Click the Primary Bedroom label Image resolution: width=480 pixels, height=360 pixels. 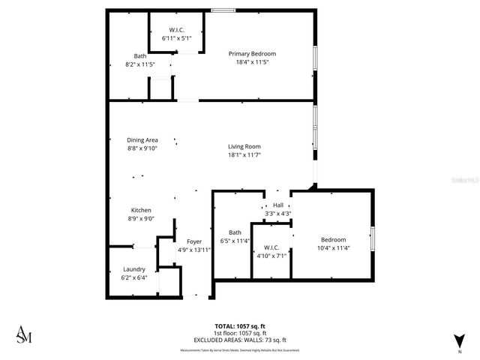pyautogui.click(x=252, y=54)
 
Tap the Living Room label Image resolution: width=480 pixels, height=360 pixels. pyautogui.click(x=244, y=146)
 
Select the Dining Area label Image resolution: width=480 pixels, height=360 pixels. pyautogui.click(x=142, y=140)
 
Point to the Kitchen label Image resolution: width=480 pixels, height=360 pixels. pyautogui.click(x=142, y=210)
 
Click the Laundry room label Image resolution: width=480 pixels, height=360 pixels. pyautogui.click(x=134, y=269)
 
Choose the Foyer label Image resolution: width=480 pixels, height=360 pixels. pyautogui.click(x=194, y=241)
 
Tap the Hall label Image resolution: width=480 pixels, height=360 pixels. pyautogui.click(x=278, y=205)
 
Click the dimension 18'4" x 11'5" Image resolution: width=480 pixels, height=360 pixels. pyautogui.click(x=252, y=62)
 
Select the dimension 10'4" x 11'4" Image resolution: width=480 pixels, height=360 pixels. pyautogui.click(x=334, y=247)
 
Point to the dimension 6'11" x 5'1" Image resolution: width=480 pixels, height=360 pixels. pyautogui.click(x=177, y=37)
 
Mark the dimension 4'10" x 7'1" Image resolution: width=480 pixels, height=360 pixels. pyautogui.click(x=272, y=255)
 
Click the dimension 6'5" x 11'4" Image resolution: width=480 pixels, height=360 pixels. pyautogui.click(x=235, y=241)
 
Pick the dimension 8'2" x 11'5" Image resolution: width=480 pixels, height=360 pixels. pyautogui.click(x=140, y=64)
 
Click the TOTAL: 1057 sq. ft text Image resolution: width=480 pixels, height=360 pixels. pyautogui.click(x=241, y=327)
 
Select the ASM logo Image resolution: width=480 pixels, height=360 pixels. pyautogui.click(x=25, y=334)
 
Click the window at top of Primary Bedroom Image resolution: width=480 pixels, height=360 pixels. pyautogui.click(x=221, y=10)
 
